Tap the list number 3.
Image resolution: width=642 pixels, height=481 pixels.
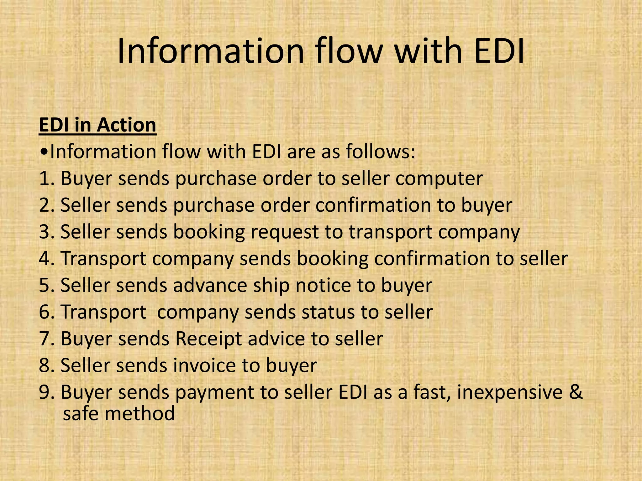(44, 232)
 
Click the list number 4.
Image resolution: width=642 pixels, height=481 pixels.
(44, 259)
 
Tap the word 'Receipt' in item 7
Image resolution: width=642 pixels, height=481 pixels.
(208, 339)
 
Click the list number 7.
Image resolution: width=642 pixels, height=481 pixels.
(44, 339)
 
